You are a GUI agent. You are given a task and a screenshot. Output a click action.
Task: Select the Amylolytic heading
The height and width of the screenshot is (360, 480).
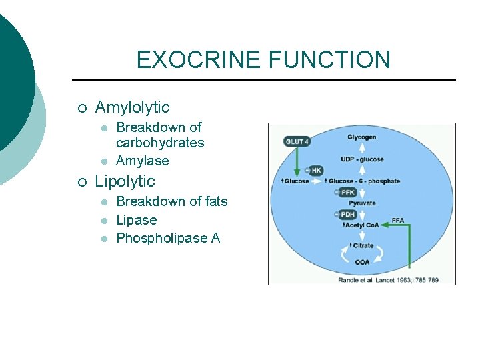coord(132,107)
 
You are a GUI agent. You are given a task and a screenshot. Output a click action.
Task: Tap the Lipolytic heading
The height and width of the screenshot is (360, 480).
coord(125,181)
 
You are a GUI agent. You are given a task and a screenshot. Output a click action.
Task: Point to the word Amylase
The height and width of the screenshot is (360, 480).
coord(142,161)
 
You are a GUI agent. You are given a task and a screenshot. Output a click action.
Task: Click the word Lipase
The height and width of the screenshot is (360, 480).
coord(136,220)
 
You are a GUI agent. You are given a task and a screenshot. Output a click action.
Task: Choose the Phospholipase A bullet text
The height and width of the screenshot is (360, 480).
coord(168,238)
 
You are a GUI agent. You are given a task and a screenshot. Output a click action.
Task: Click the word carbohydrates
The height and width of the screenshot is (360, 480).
coord(160,143)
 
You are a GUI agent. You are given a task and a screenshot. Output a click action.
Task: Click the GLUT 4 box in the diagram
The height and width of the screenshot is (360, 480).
coord(297,141)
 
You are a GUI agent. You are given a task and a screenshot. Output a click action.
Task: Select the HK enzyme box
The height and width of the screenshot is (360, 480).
coord(315,171)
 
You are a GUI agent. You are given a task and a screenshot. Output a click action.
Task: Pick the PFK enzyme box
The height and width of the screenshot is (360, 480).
coord(347,193)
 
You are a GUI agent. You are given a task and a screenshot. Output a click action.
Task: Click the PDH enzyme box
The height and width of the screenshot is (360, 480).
coord(347,214)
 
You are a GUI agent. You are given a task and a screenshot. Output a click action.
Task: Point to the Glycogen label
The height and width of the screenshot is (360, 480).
coord(361,137)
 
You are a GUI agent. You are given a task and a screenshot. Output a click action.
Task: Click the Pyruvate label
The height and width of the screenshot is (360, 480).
coord(362,203)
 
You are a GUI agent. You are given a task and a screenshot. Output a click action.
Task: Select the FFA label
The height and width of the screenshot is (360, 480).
coord(397,220)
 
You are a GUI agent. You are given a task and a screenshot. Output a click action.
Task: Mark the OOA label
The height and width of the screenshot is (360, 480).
coord(362,262)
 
